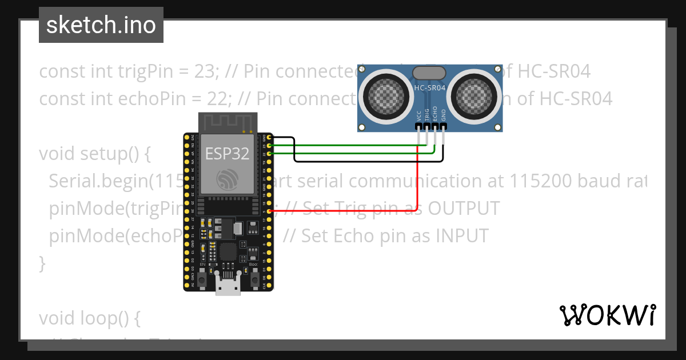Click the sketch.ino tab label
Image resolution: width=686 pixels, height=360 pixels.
click(x=101, y=25)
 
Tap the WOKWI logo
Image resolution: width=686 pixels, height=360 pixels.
click(x=607, y=315)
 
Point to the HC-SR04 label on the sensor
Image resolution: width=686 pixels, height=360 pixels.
click(x=430, y=88)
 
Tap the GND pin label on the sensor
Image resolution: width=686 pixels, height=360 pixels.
click(x=444, y=115)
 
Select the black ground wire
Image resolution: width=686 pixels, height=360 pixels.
click(x=366, y=161)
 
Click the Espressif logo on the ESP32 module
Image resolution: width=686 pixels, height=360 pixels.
click(x=227, y=179)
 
